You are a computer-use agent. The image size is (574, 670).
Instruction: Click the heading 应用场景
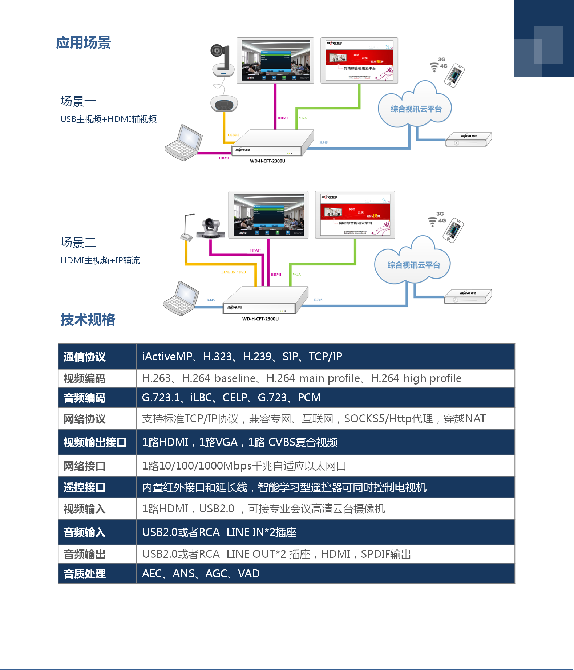84,43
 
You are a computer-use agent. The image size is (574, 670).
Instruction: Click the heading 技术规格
88,320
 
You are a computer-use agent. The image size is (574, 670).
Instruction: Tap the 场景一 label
78,101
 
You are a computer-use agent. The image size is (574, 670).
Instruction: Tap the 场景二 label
78,243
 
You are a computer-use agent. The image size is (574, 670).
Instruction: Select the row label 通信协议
84,357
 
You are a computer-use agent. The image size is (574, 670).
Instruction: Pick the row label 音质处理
84,574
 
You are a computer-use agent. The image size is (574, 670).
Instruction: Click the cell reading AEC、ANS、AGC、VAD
201,574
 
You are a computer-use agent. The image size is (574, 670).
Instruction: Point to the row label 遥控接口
84,487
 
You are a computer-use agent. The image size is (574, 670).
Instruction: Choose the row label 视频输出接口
95,442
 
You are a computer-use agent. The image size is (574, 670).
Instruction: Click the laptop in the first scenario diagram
184,143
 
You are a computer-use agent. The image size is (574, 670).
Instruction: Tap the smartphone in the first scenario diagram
454,76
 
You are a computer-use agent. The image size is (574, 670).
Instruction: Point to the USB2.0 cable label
233,135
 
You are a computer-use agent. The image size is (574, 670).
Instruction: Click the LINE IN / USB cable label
233,272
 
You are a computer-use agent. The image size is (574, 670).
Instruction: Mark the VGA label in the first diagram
303,118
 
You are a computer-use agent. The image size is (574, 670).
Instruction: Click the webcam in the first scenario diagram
222,60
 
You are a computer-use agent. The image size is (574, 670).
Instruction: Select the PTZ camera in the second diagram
211,228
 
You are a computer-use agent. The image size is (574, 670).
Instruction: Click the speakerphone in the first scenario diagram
224,103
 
